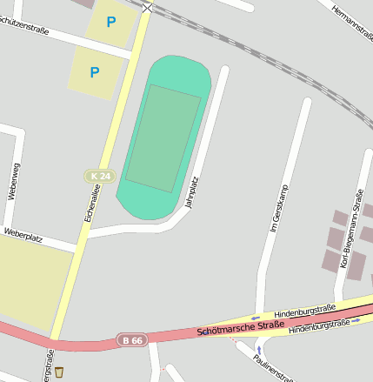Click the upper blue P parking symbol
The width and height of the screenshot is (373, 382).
pos(110,22)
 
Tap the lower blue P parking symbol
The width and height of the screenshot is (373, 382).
pos(95,72)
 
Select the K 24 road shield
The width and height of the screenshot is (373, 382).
pos(101,176)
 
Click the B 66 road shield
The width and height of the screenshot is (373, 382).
pos(131,340)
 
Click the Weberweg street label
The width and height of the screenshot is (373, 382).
pos(12,182)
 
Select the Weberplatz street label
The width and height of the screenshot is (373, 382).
pos(23,232)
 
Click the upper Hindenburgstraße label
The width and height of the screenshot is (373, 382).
pos(304,311)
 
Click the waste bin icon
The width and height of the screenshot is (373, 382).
pos(59,372)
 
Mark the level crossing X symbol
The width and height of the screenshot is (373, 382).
pos(147,8)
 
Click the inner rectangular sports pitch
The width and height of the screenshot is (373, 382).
pos(163,137)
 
